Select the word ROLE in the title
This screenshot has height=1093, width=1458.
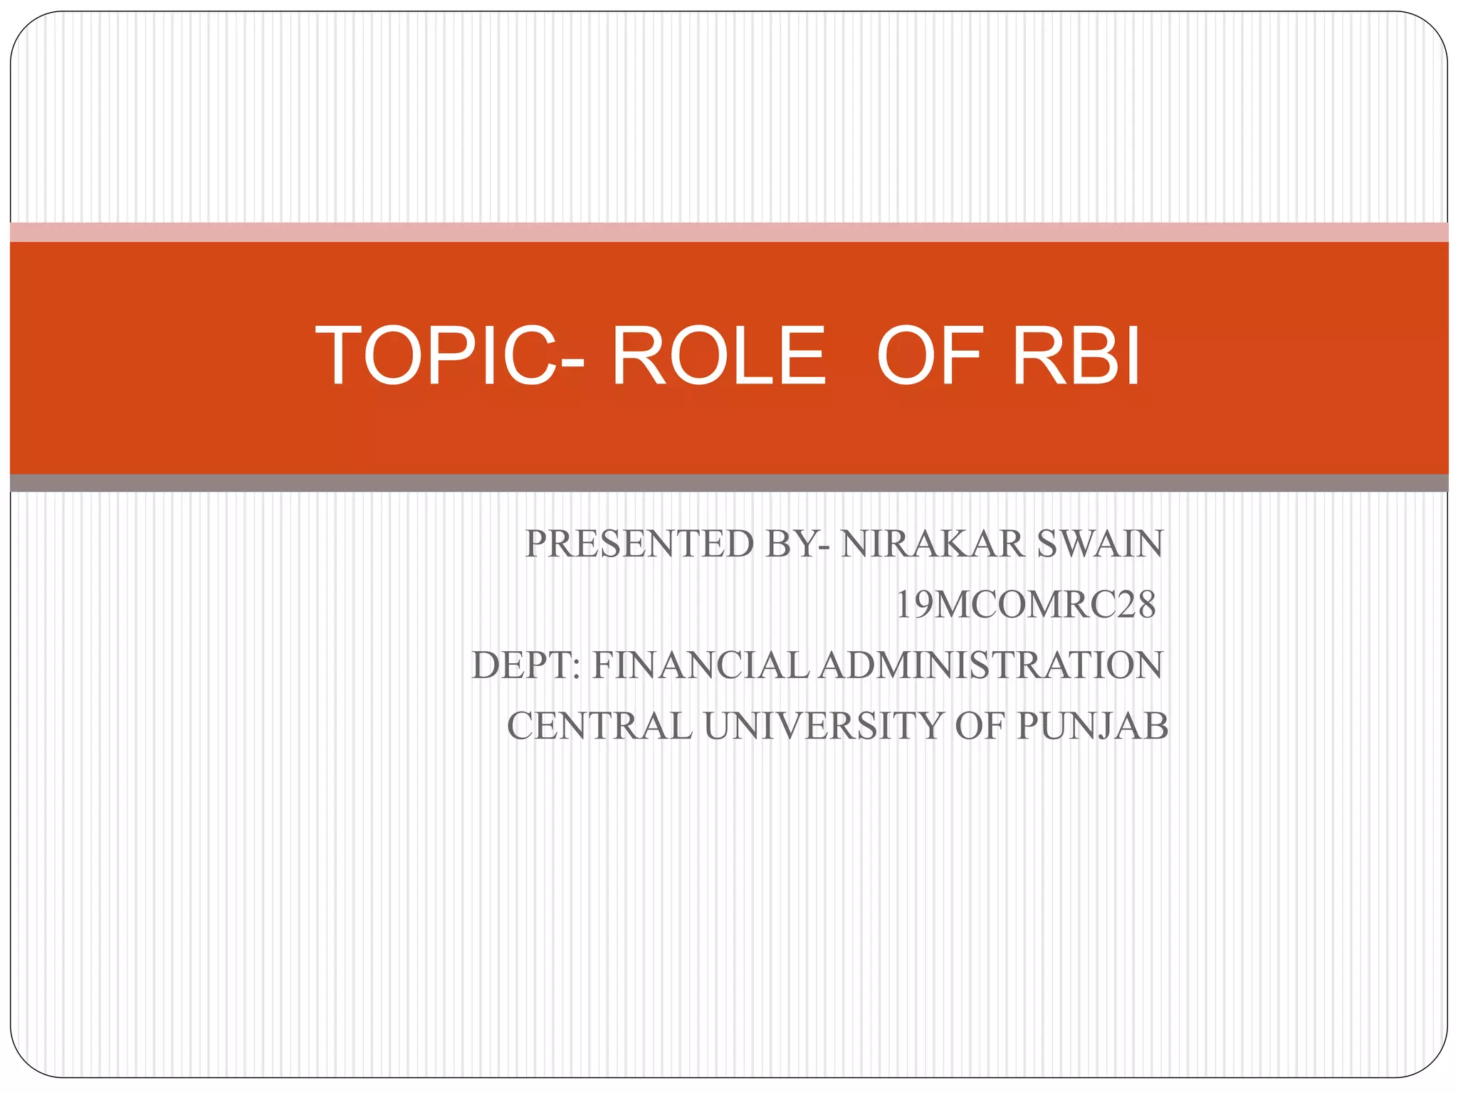[719, 356]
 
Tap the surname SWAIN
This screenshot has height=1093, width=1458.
[1100, 544]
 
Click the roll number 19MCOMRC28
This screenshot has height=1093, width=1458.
[1025, 606]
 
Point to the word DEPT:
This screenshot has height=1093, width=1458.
[526, 666]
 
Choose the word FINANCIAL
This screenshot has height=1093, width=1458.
[701, 666]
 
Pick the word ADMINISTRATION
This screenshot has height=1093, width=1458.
[990, 666]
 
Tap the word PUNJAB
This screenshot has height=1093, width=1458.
[1092, 727]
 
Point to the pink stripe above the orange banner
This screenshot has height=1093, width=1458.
[729, 232]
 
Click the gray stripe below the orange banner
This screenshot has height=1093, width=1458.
[729, 483]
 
